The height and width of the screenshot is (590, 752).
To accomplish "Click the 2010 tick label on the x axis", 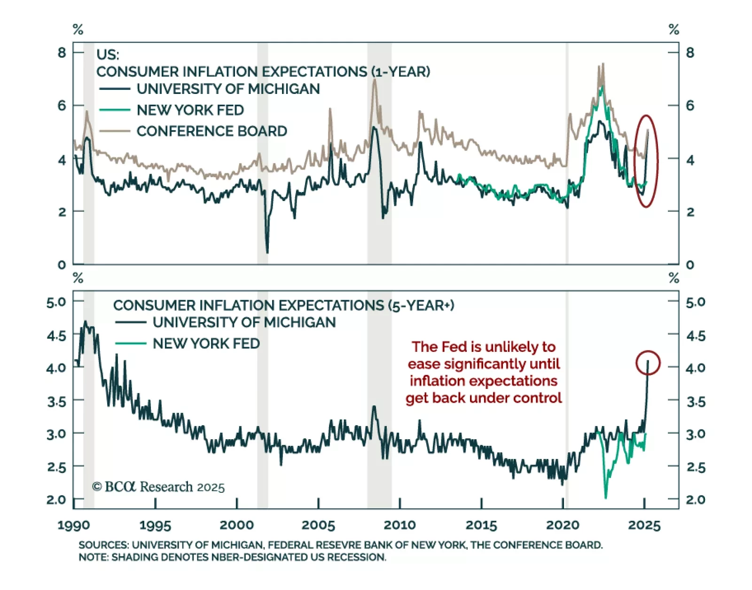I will click(x=399, y=525).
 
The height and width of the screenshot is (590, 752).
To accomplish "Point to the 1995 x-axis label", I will click(x=155, y=525).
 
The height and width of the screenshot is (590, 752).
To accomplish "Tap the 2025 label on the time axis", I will click(x=644, y=525).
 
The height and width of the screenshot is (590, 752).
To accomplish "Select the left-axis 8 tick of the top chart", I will click(x=62, y=52).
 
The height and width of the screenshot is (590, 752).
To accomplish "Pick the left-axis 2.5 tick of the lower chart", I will click(x=56, y=467).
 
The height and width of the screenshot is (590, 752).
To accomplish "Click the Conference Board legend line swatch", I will click(x=114, y=131).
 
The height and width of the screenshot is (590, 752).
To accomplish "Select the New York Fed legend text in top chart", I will click(x=190, y=110).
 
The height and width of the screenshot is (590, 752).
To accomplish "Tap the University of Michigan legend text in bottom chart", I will click(x=244, y=322).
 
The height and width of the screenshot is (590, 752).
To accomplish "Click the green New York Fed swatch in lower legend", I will click(x=131, y=343).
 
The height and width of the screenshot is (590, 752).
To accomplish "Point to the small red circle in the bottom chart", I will click(x=648, y=363).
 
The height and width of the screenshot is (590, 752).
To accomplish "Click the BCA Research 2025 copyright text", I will click(x=158, y=487).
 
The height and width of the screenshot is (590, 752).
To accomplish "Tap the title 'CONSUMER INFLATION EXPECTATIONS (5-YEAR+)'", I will click(x=283, y=305).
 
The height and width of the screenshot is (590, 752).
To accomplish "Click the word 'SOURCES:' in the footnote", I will click(x=103, y=545).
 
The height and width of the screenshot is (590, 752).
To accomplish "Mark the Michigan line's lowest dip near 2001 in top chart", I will click(x=267, y=253).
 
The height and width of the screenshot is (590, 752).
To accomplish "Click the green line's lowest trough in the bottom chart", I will click(x=605, y=497).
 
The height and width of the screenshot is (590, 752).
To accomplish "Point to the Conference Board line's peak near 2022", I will click(x=602, y=64).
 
